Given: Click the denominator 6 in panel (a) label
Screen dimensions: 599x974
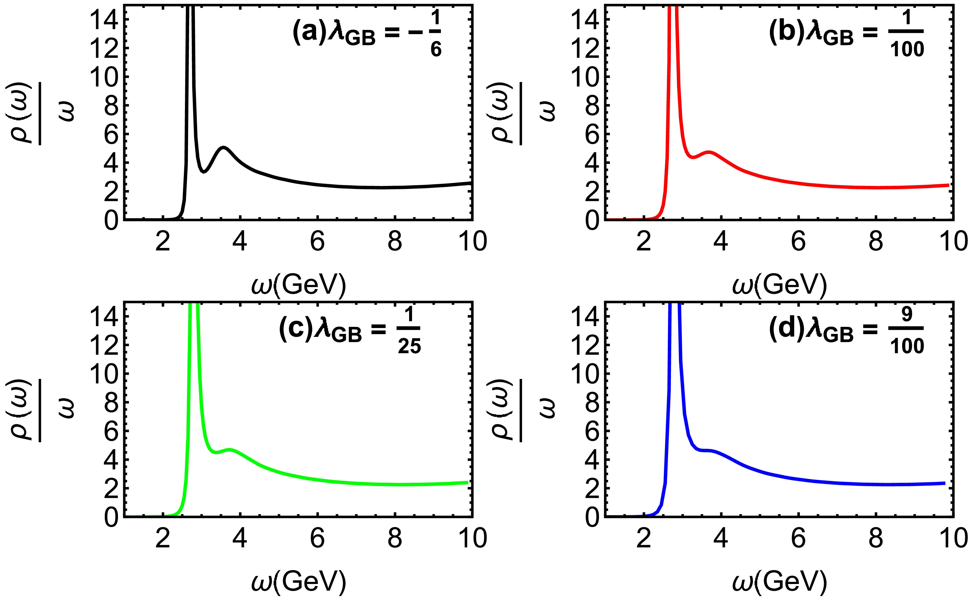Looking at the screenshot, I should [436, 49].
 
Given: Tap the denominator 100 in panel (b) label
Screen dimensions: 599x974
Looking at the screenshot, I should [907, 49].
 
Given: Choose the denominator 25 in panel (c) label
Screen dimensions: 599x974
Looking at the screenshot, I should [409, 347].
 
